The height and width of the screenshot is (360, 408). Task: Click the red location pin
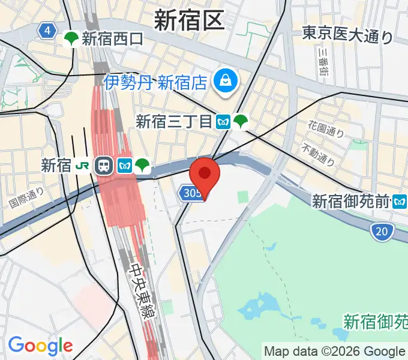[205, 175]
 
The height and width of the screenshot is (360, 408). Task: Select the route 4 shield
[46, 31]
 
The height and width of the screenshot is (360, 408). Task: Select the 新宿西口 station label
[113, 40]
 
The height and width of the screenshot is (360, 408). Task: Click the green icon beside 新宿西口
[71, 39]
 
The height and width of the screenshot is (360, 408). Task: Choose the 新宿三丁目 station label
[173, 122]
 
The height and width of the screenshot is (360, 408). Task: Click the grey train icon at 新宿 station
[103, 166]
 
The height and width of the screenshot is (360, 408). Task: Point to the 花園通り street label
[326, 128]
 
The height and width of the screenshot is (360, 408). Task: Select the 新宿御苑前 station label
[350, 202]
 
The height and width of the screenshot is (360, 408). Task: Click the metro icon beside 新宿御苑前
[399, 202]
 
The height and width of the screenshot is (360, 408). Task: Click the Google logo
[40, 345]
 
